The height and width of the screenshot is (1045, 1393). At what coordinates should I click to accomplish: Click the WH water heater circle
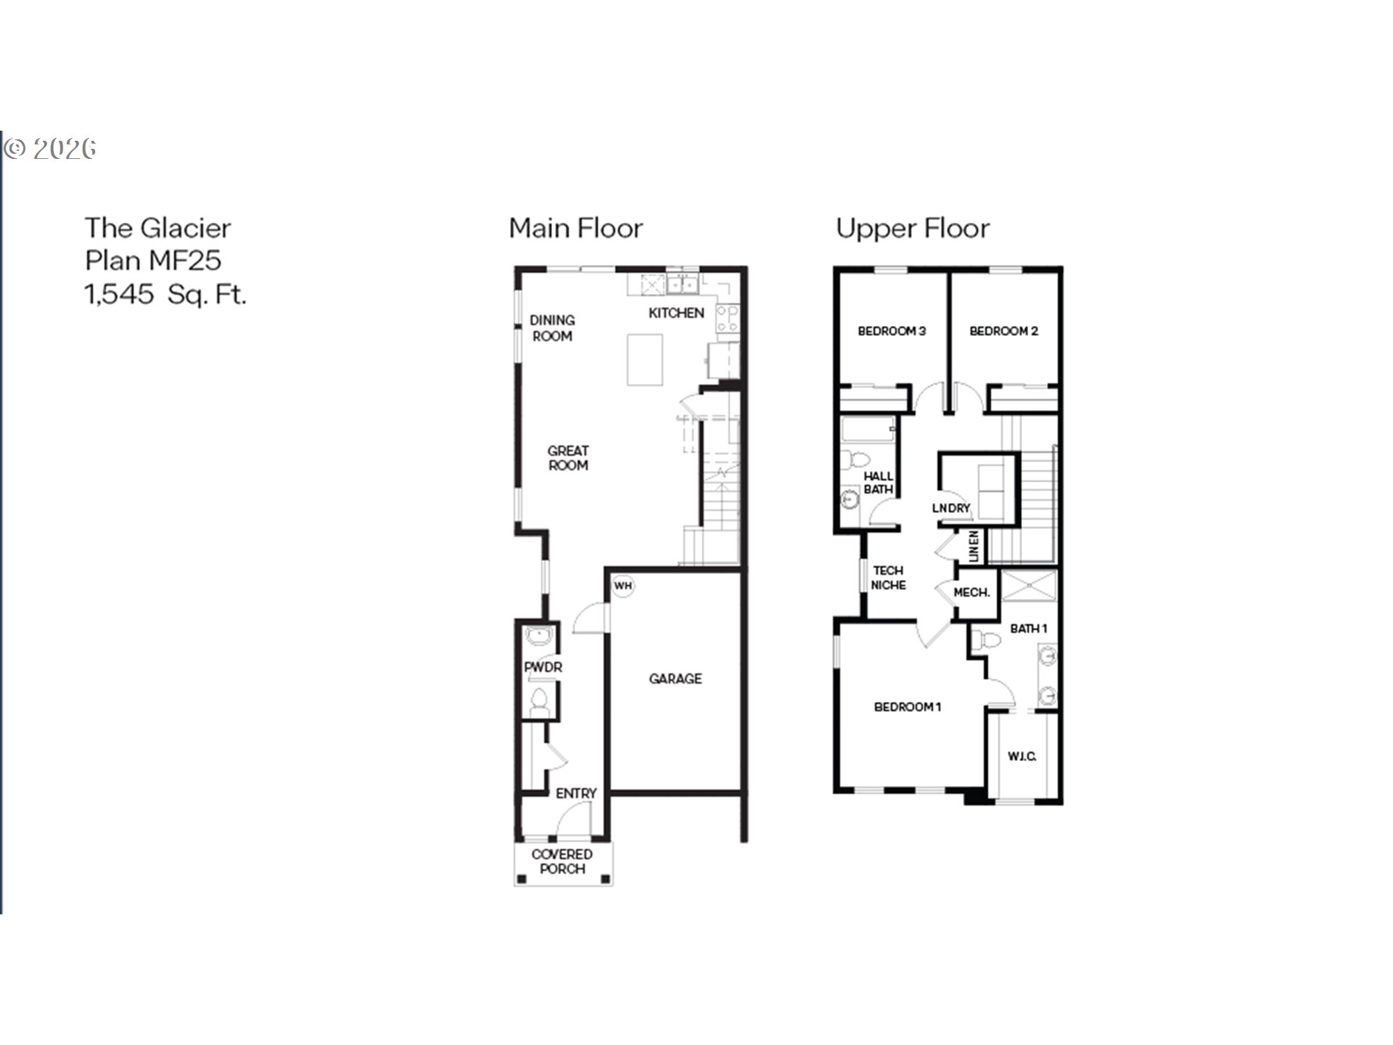click(622, 586)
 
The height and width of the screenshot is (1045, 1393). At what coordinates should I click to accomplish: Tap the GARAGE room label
click(675, 679)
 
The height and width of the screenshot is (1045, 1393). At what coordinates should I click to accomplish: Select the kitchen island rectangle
click(645, 359)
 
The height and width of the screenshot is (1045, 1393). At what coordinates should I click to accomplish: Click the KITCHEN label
click(675, 313)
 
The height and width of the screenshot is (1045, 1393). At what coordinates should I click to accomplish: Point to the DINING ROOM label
click(552, 328)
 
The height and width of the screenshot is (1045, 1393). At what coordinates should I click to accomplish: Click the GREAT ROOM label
click(568, 458)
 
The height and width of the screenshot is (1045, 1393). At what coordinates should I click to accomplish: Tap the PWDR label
click(543, 667)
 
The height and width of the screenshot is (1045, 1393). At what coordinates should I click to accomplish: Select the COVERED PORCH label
click(562, 861)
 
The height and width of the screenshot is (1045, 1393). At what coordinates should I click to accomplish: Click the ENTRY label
click(576, 793)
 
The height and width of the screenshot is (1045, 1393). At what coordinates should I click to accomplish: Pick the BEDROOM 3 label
click(892, 331)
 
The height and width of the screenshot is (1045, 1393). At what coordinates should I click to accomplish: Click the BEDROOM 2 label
click(1003, 331)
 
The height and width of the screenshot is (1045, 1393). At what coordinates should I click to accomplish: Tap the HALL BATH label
click(878, 483)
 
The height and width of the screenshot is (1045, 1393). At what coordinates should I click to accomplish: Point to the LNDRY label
click(950, 508)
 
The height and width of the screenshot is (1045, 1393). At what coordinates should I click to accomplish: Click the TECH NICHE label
click(888, 578)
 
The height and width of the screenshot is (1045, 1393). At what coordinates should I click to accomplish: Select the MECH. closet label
click(971, 592)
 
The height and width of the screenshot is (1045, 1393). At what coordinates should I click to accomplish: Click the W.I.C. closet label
click(1022, 756)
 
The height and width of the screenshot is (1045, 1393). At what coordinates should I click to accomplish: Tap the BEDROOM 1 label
click(907, 707)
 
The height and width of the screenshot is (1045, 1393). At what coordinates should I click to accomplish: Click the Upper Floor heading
click(912, 229)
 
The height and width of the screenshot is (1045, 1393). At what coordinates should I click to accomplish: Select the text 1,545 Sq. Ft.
click(165, 295)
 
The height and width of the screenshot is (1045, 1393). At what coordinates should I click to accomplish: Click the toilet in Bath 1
click(985, 640)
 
